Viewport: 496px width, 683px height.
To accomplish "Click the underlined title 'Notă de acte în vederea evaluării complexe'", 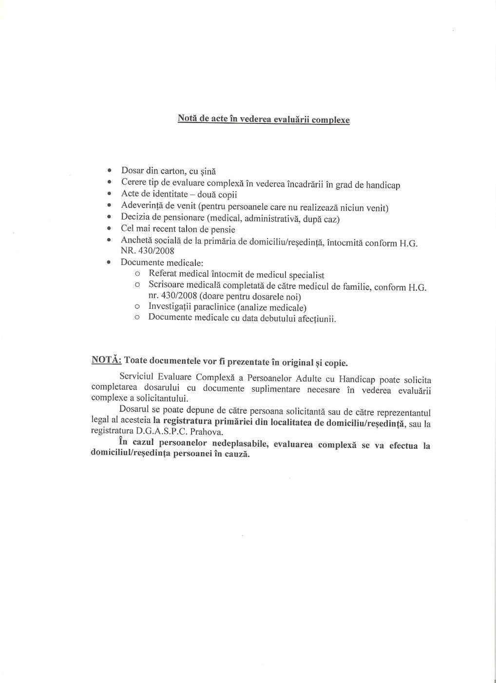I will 263,119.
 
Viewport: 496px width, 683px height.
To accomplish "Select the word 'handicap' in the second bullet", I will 382,185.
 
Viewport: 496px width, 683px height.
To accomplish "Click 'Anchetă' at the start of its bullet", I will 136,241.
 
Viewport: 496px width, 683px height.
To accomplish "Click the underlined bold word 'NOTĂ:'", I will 106,361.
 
